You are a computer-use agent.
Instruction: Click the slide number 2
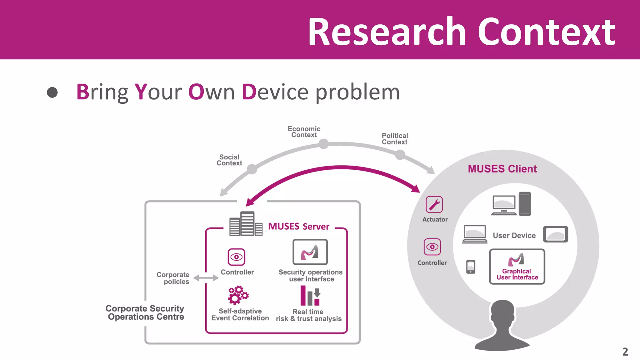click(x=625, y=352)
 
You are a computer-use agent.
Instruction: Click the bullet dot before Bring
click(x=52, y=92)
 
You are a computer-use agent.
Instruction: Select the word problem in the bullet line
click(x=357, y=92)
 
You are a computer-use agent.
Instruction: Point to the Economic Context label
click(x=304, y=132)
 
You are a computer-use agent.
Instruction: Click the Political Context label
click(x=395, y=139)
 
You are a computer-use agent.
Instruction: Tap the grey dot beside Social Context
click(x=252, y=169)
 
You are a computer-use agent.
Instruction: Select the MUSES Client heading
click(x=502, y=169)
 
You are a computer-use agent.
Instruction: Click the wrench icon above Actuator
click(x=434, y=205)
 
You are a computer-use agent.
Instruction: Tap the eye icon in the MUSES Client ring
click(x=432, y=247)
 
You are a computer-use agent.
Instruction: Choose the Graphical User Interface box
click(x=517, y=267)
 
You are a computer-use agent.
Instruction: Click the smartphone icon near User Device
click(x=471, y=267)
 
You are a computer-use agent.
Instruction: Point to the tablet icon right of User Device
click(x=555, y=234)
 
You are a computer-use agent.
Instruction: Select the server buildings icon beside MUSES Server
click(x=246, y=224)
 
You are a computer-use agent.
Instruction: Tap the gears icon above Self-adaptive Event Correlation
click(x=238, y=295)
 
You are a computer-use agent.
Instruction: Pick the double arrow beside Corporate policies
click(x=206, y=278)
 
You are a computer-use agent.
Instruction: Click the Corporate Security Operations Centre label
click(x=145, y=312)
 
